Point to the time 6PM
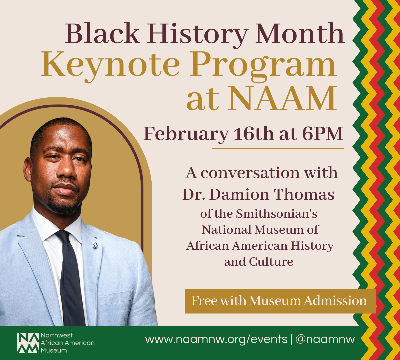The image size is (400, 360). pos(322,134)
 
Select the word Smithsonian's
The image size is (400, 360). pos(277,214)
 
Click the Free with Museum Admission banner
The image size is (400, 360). pos(280,301)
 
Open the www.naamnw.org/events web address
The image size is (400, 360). pos(216,339)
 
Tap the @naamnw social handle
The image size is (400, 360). pos(325,339)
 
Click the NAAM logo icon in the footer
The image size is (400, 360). pos(28,343)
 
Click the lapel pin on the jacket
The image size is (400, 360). pos(95,246)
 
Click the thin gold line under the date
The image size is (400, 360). pos(278,148)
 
